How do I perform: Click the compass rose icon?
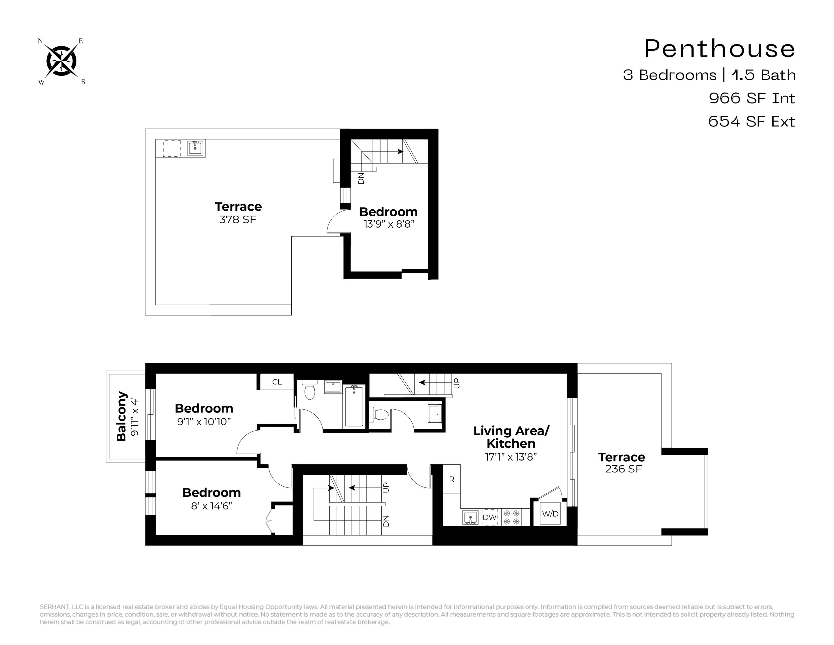pyautogui.click(x=61, y=61)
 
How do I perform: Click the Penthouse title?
pyautogui.click(x=720, y=49)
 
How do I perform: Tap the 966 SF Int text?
pyautogui.click(x=752, y=98)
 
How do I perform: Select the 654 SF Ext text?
pyautogui.click(x=752, y=122)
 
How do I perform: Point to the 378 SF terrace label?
pyautogui.click(x=238, y=220)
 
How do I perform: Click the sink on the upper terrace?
pyautogui.click(x=195, y=148)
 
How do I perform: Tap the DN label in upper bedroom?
pyautogui.click(x=361, y=179)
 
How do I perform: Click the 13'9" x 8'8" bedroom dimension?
pyautogui.click(x=389, y=224)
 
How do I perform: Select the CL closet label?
pyautogui.click(x=277, y=382)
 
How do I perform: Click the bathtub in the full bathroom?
pyautogui.click(x=354, y=406)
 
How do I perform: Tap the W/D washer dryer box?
pyautogui.click(x=550, y=513)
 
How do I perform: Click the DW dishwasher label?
pyautogui.click(x=489, y=517)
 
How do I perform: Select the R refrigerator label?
pyautogui.click(x=452, y=479)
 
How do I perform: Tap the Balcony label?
pyautogui.click(x=121, y=416)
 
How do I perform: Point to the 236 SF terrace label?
pyautogui.click(x=623, y=469)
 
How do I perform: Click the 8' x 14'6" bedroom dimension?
pyautogui.click(x=212, y=506)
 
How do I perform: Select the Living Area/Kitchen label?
pyautogui.click(x=511, y=437)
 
